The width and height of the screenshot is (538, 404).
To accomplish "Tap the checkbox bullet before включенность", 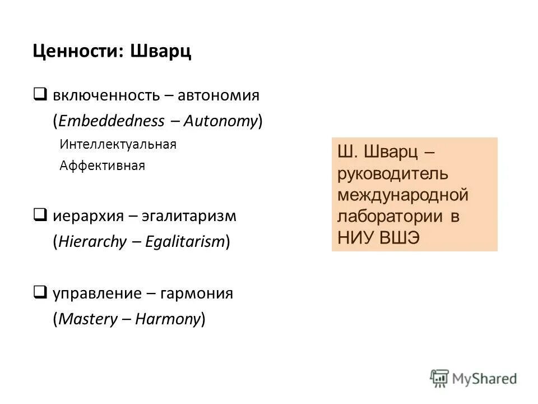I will point(40,94).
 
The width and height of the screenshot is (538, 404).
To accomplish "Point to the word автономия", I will point(219,95).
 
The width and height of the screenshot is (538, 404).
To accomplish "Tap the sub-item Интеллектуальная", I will point(118,145).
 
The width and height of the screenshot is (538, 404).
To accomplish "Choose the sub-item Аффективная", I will point(102,166).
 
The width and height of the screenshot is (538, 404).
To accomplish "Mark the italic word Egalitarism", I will point(185,242).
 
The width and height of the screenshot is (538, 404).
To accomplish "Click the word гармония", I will point(198,293).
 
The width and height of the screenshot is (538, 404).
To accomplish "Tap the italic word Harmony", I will point(166,319).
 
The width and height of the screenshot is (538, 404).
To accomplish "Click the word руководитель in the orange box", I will point(393,173).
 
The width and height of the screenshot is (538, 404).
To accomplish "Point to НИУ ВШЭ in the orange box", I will point(378,237).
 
